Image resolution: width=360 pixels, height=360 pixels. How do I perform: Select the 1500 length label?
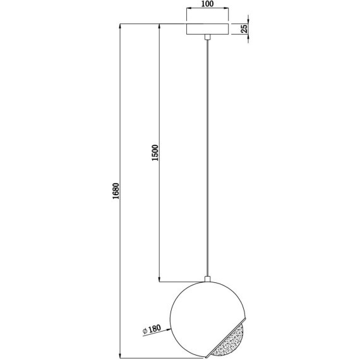tap(155, 155)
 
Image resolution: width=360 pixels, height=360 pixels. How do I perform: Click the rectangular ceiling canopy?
tap(207, 30)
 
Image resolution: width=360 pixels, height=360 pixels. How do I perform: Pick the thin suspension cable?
tap(207, 158)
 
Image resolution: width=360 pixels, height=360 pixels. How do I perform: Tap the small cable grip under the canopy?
tap(207, 39)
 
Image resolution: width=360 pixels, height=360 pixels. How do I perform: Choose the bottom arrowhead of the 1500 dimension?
tap(159, 278)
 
